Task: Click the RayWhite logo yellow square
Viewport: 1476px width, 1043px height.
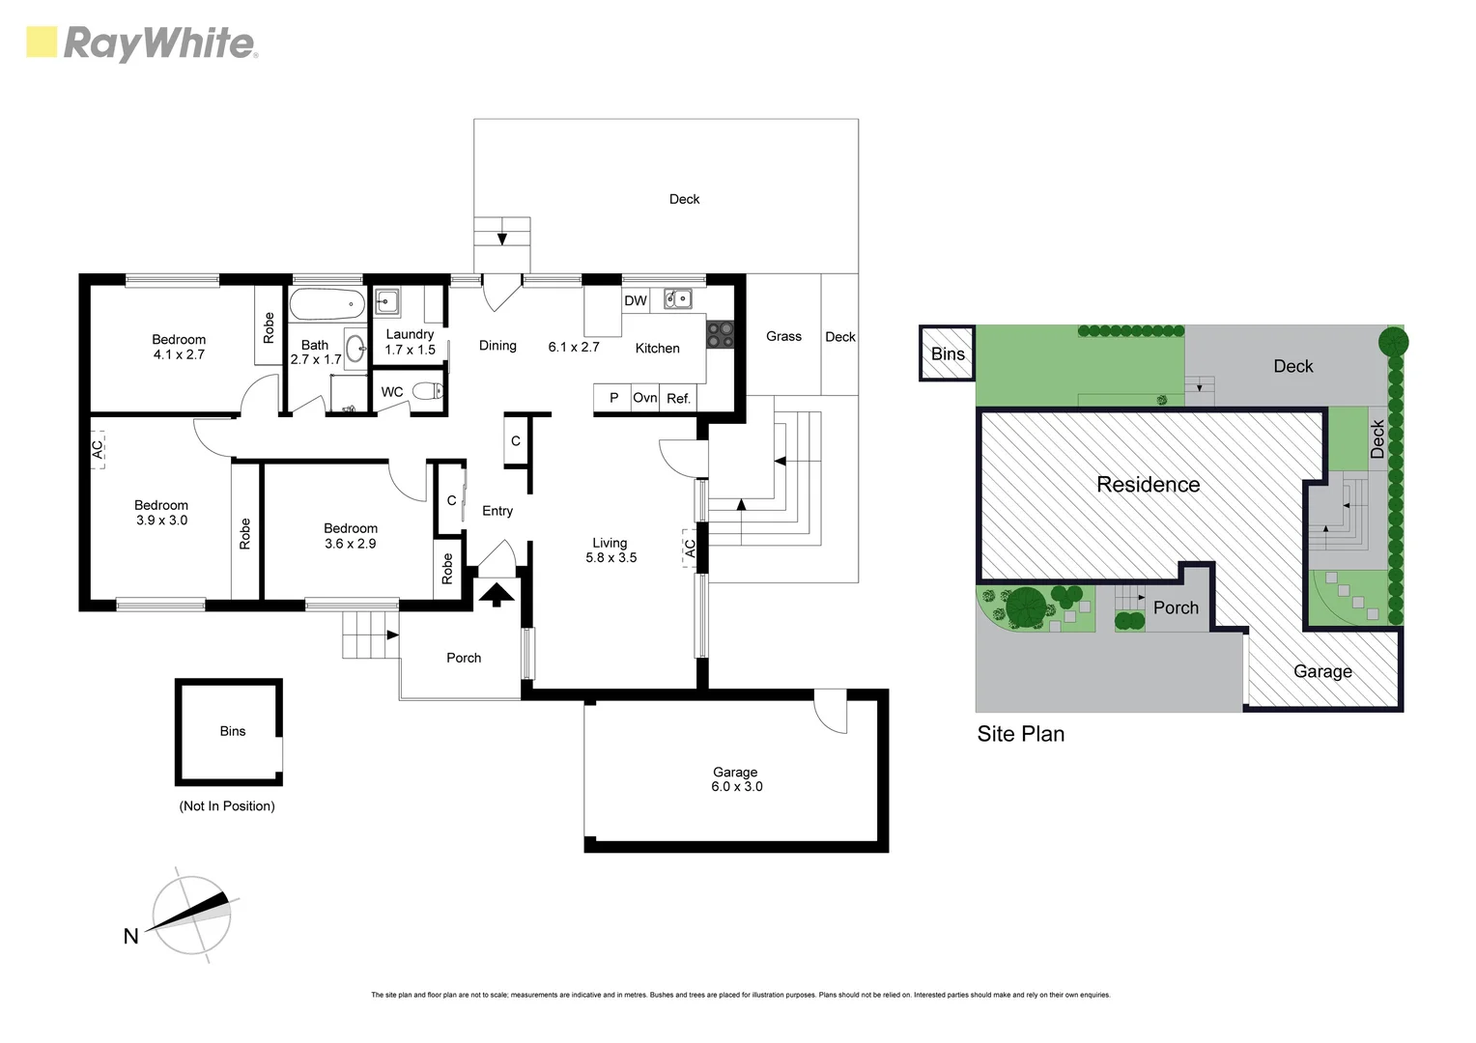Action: coord(42,42)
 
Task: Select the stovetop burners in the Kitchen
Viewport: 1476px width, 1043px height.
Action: coord(720,334)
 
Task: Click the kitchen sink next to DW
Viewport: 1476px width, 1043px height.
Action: coord(677,299)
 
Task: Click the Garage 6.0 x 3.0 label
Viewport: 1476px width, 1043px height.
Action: coord(736,779)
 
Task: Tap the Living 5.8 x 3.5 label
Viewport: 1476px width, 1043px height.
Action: coord(610,550)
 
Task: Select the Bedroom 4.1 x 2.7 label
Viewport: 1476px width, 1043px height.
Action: coord(179,347)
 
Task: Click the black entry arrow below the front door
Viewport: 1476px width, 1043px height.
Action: coord(497,593)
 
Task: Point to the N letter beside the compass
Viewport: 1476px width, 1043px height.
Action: coord(130,936)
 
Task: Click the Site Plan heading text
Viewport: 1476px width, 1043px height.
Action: coord(1020,734)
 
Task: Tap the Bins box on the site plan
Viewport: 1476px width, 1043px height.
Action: coord(948,353)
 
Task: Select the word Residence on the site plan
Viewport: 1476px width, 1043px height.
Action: coord(1148,485)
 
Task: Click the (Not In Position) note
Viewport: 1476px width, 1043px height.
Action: coord(227,806)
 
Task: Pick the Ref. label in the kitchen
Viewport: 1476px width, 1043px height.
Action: coord(678,398)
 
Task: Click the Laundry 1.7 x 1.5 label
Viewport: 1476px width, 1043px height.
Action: coord(410,342)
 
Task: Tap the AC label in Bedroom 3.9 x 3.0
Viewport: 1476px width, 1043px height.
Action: coord(97,450)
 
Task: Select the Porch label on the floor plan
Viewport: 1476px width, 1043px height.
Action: coord(464,658)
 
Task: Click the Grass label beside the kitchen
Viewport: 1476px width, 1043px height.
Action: coord(783,336)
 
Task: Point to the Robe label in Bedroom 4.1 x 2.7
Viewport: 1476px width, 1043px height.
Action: coord(269,328)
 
